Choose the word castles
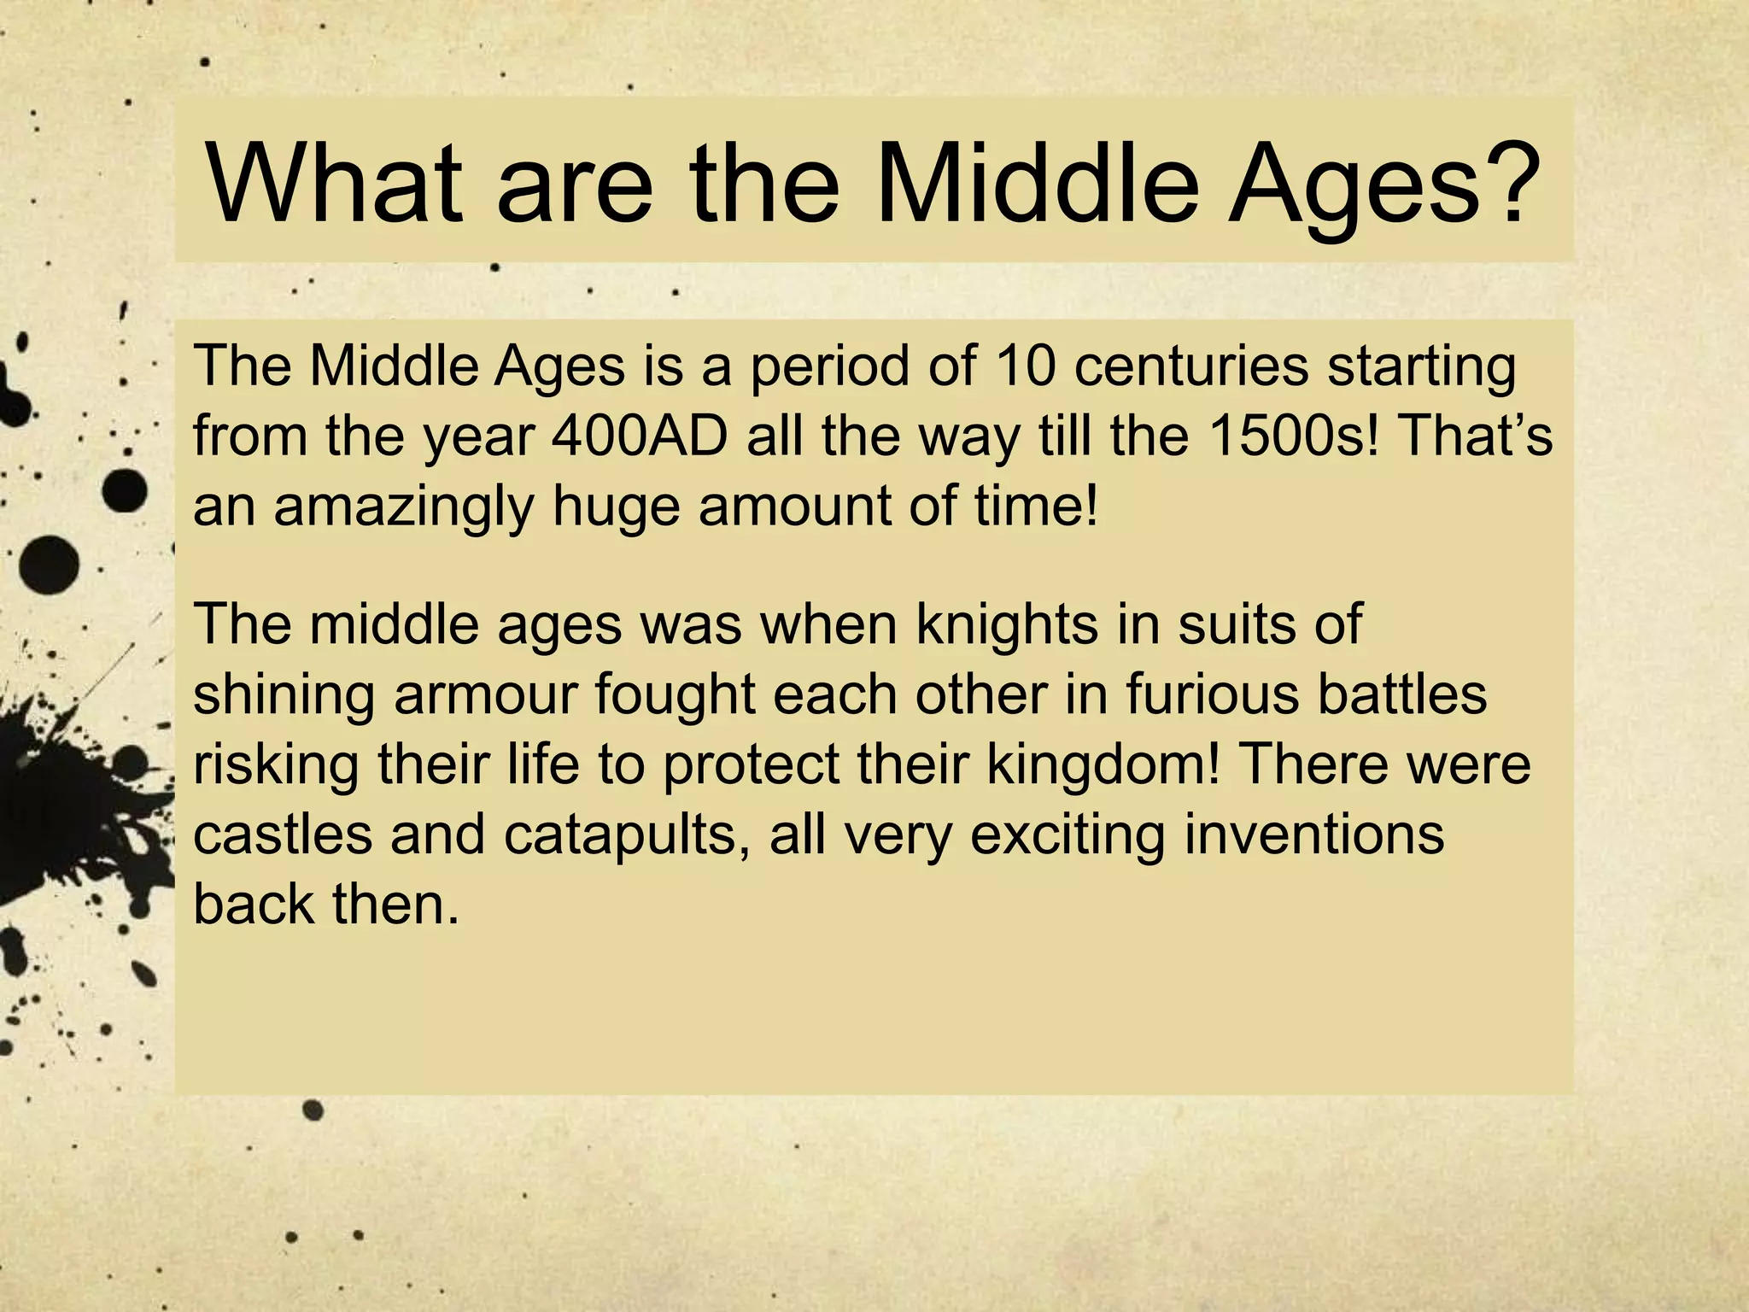(x=283, y=835)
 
